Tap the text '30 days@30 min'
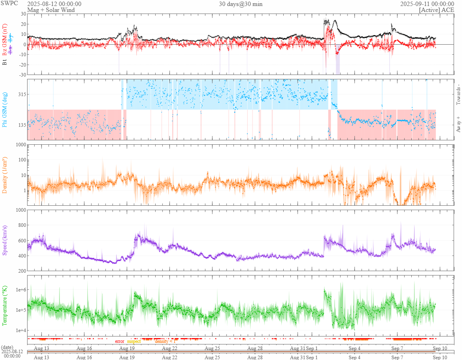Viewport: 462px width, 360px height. tap(241, 4)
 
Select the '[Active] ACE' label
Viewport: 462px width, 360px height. tap(436, 10)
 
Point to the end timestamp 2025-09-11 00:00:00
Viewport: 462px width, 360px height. tap(427, 4)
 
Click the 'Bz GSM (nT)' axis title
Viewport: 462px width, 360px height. tap(5, 39)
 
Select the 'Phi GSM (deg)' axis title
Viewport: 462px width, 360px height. tap(5, 109)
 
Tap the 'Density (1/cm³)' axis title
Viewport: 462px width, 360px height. tap(5, 175)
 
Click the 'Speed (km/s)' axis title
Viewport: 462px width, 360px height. tap(5, 240)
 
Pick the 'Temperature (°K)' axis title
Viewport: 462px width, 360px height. tap(5, 305)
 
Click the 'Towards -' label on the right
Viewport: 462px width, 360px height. tap(458, 95)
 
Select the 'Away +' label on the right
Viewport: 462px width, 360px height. tap(458, 124)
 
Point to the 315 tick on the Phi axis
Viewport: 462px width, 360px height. tap(21, 94)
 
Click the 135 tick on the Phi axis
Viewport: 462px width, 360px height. tap(21, 125)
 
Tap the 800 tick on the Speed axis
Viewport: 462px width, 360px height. tap(21, 225)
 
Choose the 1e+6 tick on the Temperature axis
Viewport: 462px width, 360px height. tap(20, 290)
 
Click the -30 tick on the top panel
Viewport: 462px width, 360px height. tap(22, 75)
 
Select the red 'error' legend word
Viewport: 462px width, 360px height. tap(120, 341)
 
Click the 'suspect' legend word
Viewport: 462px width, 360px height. tap(134, 341)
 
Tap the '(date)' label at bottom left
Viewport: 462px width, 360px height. tap(8, 348)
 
